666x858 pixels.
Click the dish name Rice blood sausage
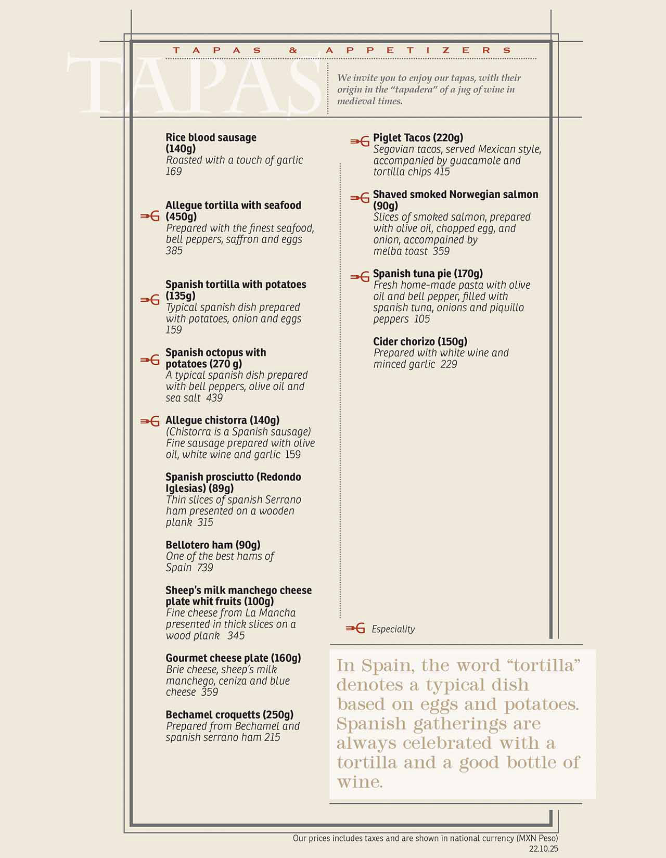pos(211,138)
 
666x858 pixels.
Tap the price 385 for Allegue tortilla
pos(174,251)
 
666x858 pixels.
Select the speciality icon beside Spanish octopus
pos(150,360)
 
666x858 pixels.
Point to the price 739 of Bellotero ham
pos(205,568)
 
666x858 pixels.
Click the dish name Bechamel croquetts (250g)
pos(229,715)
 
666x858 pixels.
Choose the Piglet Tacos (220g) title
pos(418,138)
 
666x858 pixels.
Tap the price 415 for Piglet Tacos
pos(442,172)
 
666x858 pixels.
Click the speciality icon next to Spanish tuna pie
pos(360,277)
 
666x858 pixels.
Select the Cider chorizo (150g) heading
pos(420,342)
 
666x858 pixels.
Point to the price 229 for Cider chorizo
pos(449,364)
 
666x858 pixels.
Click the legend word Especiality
pos(393,629)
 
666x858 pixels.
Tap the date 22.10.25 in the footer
pos(543,849)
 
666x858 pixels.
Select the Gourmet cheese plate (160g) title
pos(233,658)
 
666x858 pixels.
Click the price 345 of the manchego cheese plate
pos(236,636)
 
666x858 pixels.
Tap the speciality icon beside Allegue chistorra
pos(150,421)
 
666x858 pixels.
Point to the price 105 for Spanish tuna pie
pos(422,319)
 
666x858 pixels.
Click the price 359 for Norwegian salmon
pos(441,251)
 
